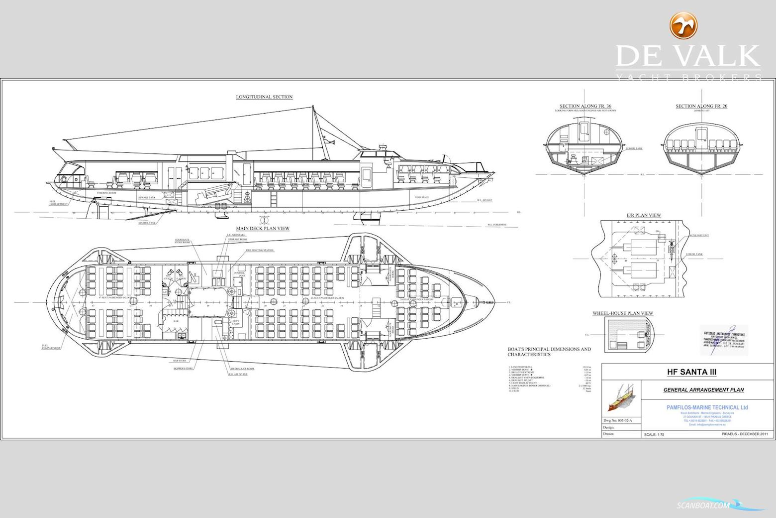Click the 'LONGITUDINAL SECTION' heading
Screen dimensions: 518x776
coord(264,97)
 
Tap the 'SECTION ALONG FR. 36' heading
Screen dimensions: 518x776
coord(585,106)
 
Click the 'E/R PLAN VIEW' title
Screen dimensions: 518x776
coord(644,216)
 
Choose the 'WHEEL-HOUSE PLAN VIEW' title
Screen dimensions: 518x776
coord(623,313)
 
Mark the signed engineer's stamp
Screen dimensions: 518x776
coord(723,340)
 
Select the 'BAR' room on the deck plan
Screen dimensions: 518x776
coord(176,321)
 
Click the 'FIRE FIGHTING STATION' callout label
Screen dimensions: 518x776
coord(259,251)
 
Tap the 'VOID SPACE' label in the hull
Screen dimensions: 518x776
coord(422,197)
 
